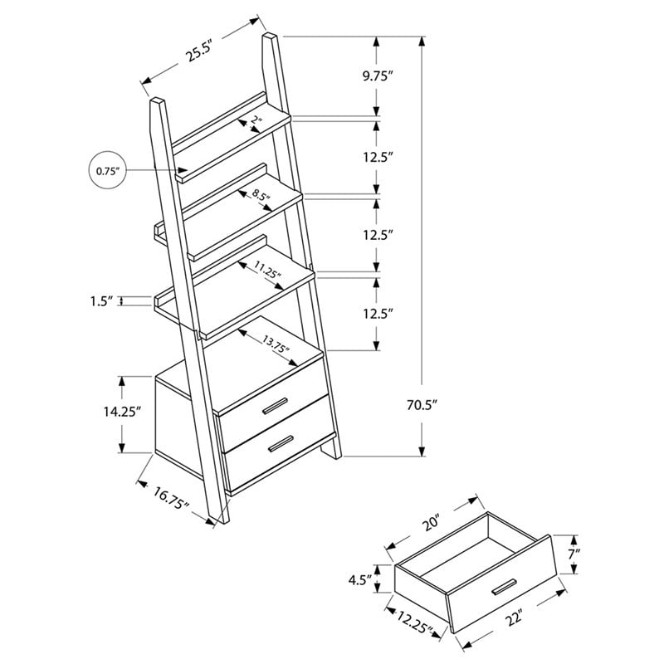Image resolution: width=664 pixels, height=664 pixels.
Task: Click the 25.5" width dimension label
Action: [198, 53]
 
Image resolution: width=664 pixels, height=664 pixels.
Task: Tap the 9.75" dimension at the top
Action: [378, 76]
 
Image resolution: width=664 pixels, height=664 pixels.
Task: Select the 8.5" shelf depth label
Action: [261, 198]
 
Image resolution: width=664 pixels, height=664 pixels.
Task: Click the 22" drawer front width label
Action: [516, 621]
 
